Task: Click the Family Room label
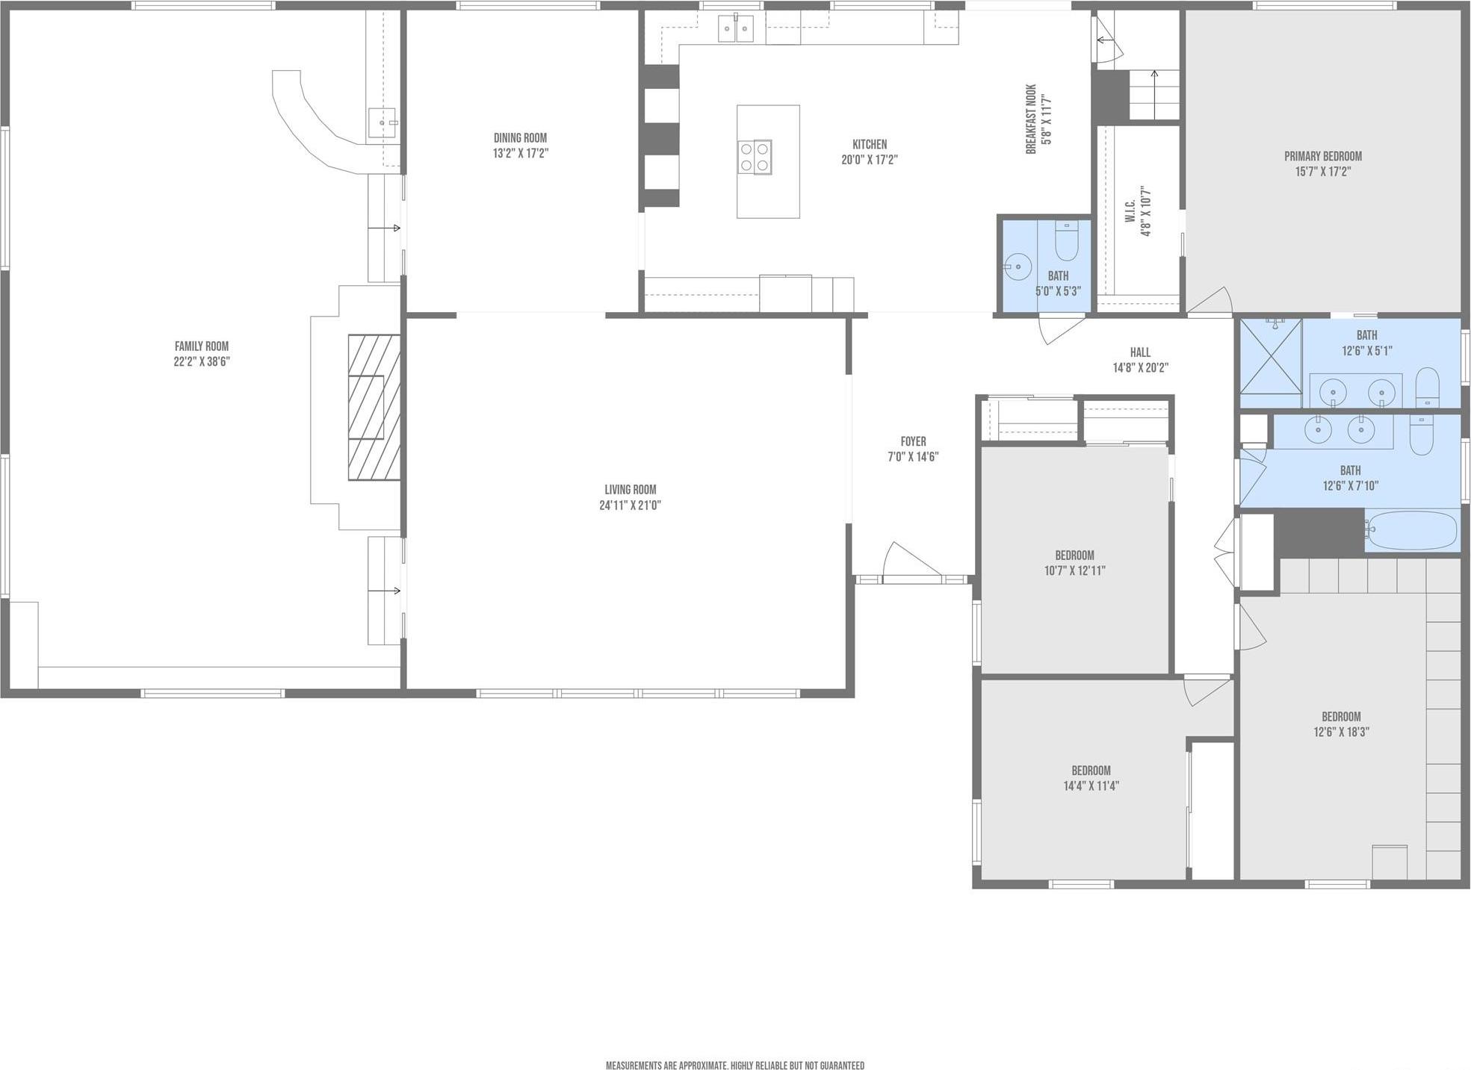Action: tap(201, 346)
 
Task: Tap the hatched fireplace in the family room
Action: tap(374, 407)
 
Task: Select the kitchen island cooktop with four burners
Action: tap(755, 157)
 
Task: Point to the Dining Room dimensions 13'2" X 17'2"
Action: tap(520, 153)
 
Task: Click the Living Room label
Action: tap(630, 490)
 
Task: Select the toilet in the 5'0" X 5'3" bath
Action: tap(1066, 240)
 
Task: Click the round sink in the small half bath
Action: tap(1017, 265)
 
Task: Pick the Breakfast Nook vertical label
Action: tap(1039, 119)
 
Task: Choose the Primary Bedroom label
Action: tap(1322, 156)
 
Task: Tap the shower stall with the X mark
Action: tap(1271, 356)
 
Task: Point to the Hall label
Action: tap(1140, 352)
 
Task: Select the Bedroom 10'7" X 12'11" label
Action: tap(1074, 556)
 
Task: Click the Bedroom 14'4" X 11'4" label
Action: tap(1091, 771)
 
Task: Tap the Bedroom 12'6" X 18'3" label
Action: tap(1341, 717)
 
